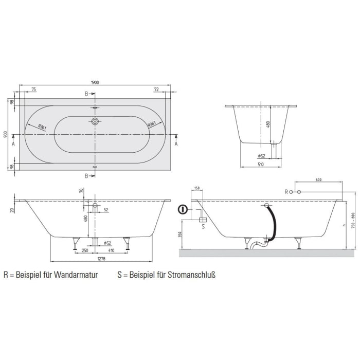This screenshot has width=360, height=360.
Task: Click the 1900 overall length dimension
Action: [95, 82]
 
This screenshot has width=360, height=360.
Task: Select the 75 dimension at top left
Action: [33, 89]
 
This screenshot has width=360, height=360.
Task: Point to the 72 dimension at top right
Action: [155, 89]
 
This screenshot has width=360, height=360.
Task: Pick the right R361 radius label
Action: [152, 124]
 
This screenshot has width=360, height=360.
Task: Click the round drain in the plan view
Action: [95, 122]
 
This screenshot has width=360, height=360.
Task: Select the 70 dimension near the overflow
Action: [81, 191]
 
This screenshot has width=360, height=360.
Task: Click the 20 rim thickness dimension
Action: [11, 209]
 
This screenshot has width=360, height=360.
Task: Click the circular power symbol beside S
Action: [182, 210]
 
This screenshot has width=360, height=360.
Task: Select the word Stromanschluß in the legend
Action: [190, 275]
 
